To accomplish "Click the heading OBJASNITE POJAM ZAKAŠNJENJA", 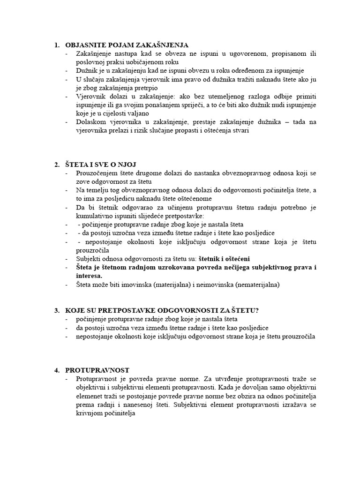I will pos(127,45).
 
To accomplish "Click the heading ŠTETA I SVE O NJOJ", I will pos(102,165).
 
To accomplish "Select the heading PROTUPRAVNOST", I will pos(97,370).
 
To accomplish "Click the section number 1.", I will pos(57,45).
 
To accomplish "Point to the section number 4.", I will pos(57,370).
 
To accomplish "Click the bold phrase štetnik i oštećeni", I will pos(224,259).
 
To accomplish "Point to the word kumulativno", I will pos(94,216).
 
